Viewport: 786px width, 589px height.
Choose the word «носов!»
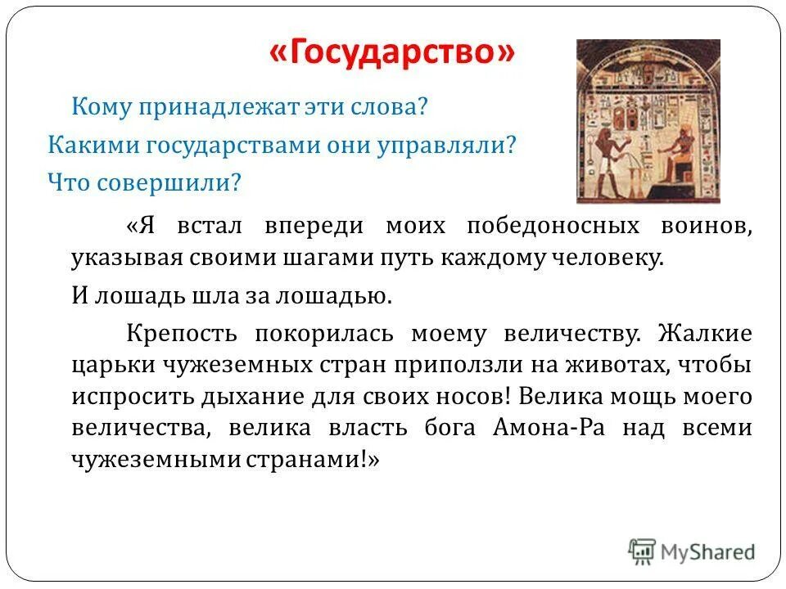tap(475, 395)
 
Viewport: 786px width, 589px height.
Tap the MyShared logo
tap(692, 552)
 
